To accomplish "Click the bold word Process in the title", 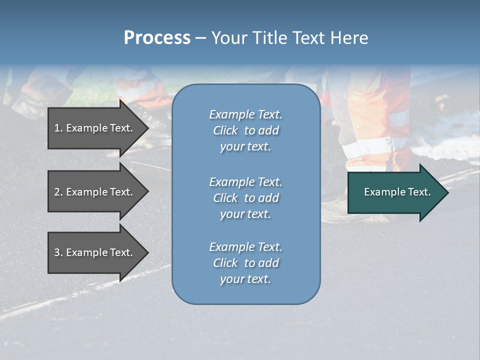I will tap(157, 38).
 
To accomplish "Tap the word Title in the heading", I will tap(268, 38).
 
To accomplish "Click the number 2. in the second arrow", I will tap(58, 192).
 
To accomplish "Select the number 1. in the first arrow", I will tap(58, 128).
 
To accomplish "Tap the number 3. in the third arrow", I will tap(58, 252).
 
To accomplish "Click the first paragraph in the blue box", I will tap(245, 130).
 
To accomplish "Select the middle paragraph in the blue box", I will tap(245, 198).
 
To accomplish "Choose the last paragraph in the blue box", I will tap(245, 263).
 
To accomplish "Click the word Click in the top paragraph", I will tap(225, 130).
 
